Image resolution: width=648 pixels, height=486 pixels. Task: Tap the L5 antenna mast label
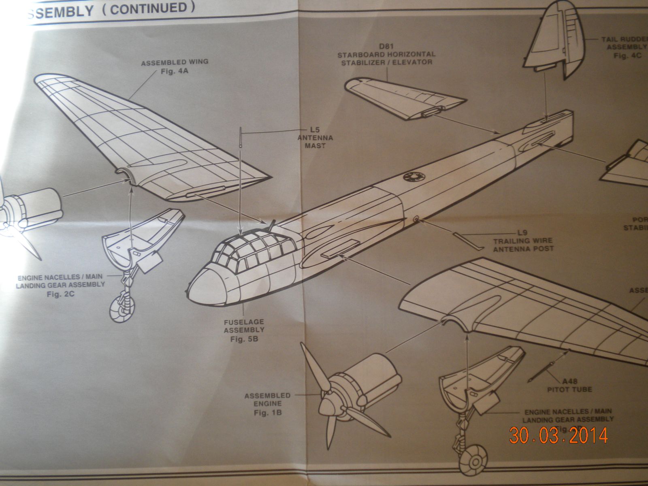pyautogui.click(x=315, y=138)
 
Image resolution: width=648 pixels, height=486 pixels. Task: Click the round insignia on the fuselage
pyautogui.click(x=413, y=177)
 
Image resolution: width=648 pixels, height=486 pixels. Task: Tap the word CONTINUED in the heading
pyautogui.click(x=150, y=9)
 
